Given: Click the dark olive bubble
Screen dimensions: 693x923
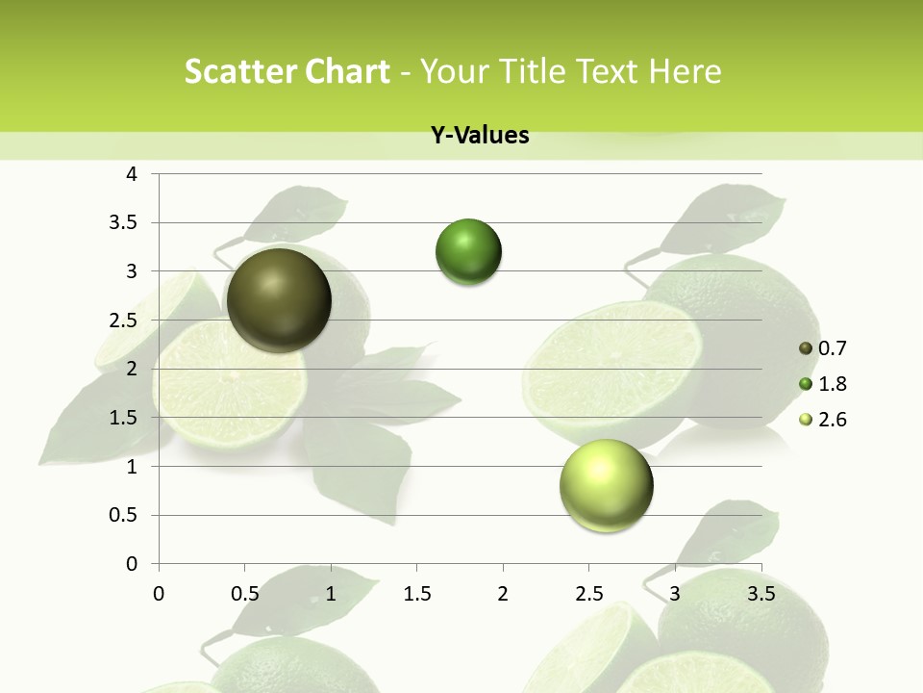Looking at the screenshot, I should [279, 300].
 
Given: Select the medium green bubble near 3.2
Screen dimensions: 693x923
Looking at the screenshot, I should [468, 252].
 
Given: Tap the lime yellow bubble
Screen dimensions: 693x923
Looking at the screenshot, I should [606, 485].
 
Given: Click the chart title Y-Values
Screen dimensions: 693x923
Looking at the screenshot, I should [480, 136].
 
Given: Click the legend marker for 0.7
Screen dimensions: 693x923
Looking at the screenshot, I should [806, 348].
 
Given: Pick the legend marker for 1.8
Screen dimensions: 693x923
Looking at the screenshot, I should [806, 384].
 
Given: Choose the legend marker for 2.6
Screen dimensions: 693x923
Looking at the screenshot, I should [806, 420].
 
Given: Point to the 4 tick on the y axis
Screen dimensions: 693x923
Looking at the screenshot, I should [133, 174].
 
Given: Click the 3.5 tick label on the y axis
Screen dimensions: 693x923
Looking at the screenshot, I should [123, 222].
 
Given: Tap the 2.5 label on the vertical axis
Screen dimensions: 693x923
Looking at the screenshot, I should [123, 321].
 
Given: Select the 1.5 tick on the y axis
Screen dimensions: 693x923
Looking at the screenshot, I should [123, 418].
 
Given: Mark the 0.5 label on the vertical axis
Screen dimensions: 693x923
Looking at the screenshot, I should [123, 515].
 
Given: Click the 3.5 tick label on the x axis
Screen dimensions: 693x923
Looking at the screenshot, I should [761, 594].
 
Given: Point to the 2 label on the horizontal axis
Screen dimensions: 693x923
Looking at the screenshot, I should [503, 594].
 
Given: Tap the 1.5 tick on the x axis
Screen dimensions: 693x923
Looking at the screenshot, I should [416, 594].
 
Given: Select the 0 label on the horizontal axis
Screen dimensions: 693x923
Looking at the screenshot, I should [159, 594].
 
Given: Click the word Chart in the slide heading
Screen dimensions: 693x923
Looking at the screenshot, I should [346, 71].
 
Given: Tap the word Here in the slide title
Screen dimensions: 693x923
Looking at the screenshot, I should [686, 71].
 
